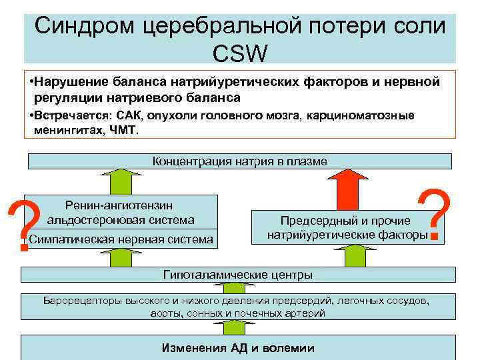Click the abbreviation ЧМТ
123,131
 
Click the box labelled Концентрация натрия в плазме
240,161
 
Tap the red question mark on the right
434,215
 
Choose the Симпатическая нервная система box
121,239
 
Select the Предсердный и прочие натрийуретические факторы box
347,227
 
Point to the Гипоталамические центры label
238,274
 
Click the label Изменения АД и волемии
238,348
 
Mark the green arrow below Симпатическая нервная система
120,257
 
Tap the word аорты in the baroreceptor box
163,313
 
